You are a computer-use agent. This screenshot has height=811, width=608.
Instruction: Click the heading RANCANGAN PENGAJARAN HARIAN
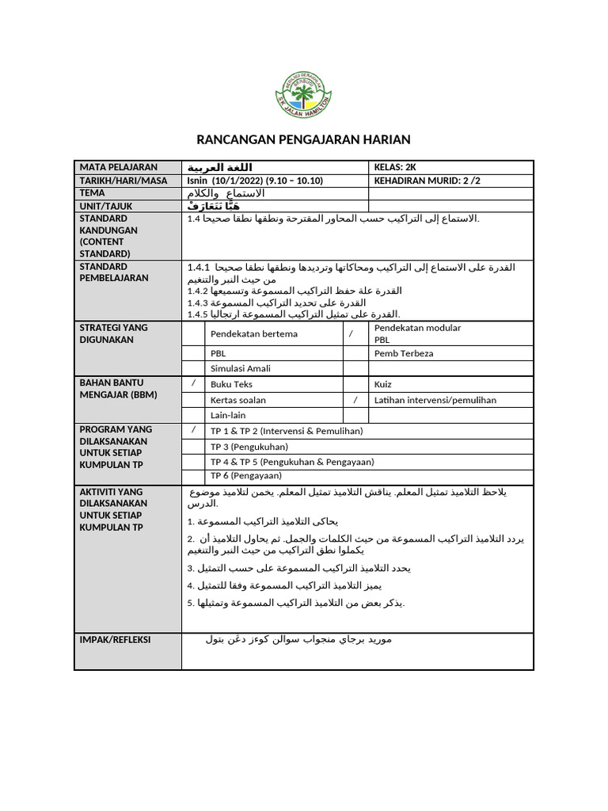click(303, 140)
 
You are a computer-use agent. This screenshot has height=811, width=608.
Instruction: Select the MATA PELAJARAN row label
click(118, 167)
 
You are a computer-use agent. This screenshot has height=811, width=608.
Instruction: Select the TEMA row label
click(92, 193)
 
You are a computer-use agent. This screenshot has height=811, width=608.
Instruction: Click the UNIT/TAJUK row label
click(105, 206)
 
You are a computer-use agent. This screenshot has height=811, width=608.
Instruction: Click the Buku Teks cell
click(231, 384)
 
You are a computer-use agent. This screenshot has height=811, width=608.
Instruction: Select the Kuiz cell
click(383, 384)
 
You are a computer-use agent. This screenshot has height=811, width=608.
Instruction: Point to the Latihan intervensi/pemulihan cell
click(435, 400)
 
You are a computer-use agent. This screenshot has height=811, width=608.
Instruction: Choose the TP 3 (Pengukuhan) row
click(249, 446)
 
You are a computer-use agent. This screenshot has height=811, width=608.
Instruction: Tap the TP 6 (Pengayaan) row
click(245, 476)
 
